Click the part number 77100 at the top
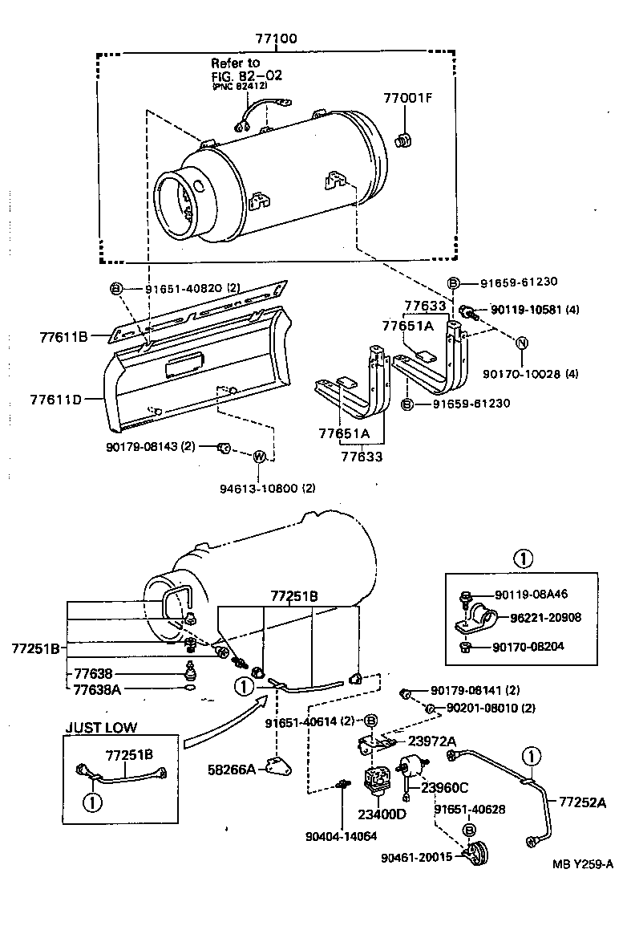click(277, 39)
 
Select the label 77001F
click(407, 99)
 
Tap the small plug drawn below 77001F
click(405, 141)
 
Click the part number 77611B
click(63, 336)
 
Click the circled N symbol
click(521, 343)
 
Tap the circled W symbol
click(259, 457)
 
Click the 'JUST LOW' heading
click(101, 728)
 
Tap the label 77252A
click(582, 801)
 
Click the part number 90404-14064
click(341, 835)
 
